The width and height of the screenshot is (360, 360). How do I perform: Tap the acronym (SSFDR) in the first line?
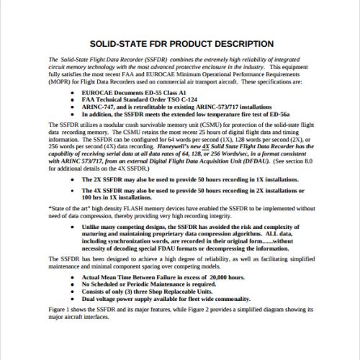click(x=150, y=59)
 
